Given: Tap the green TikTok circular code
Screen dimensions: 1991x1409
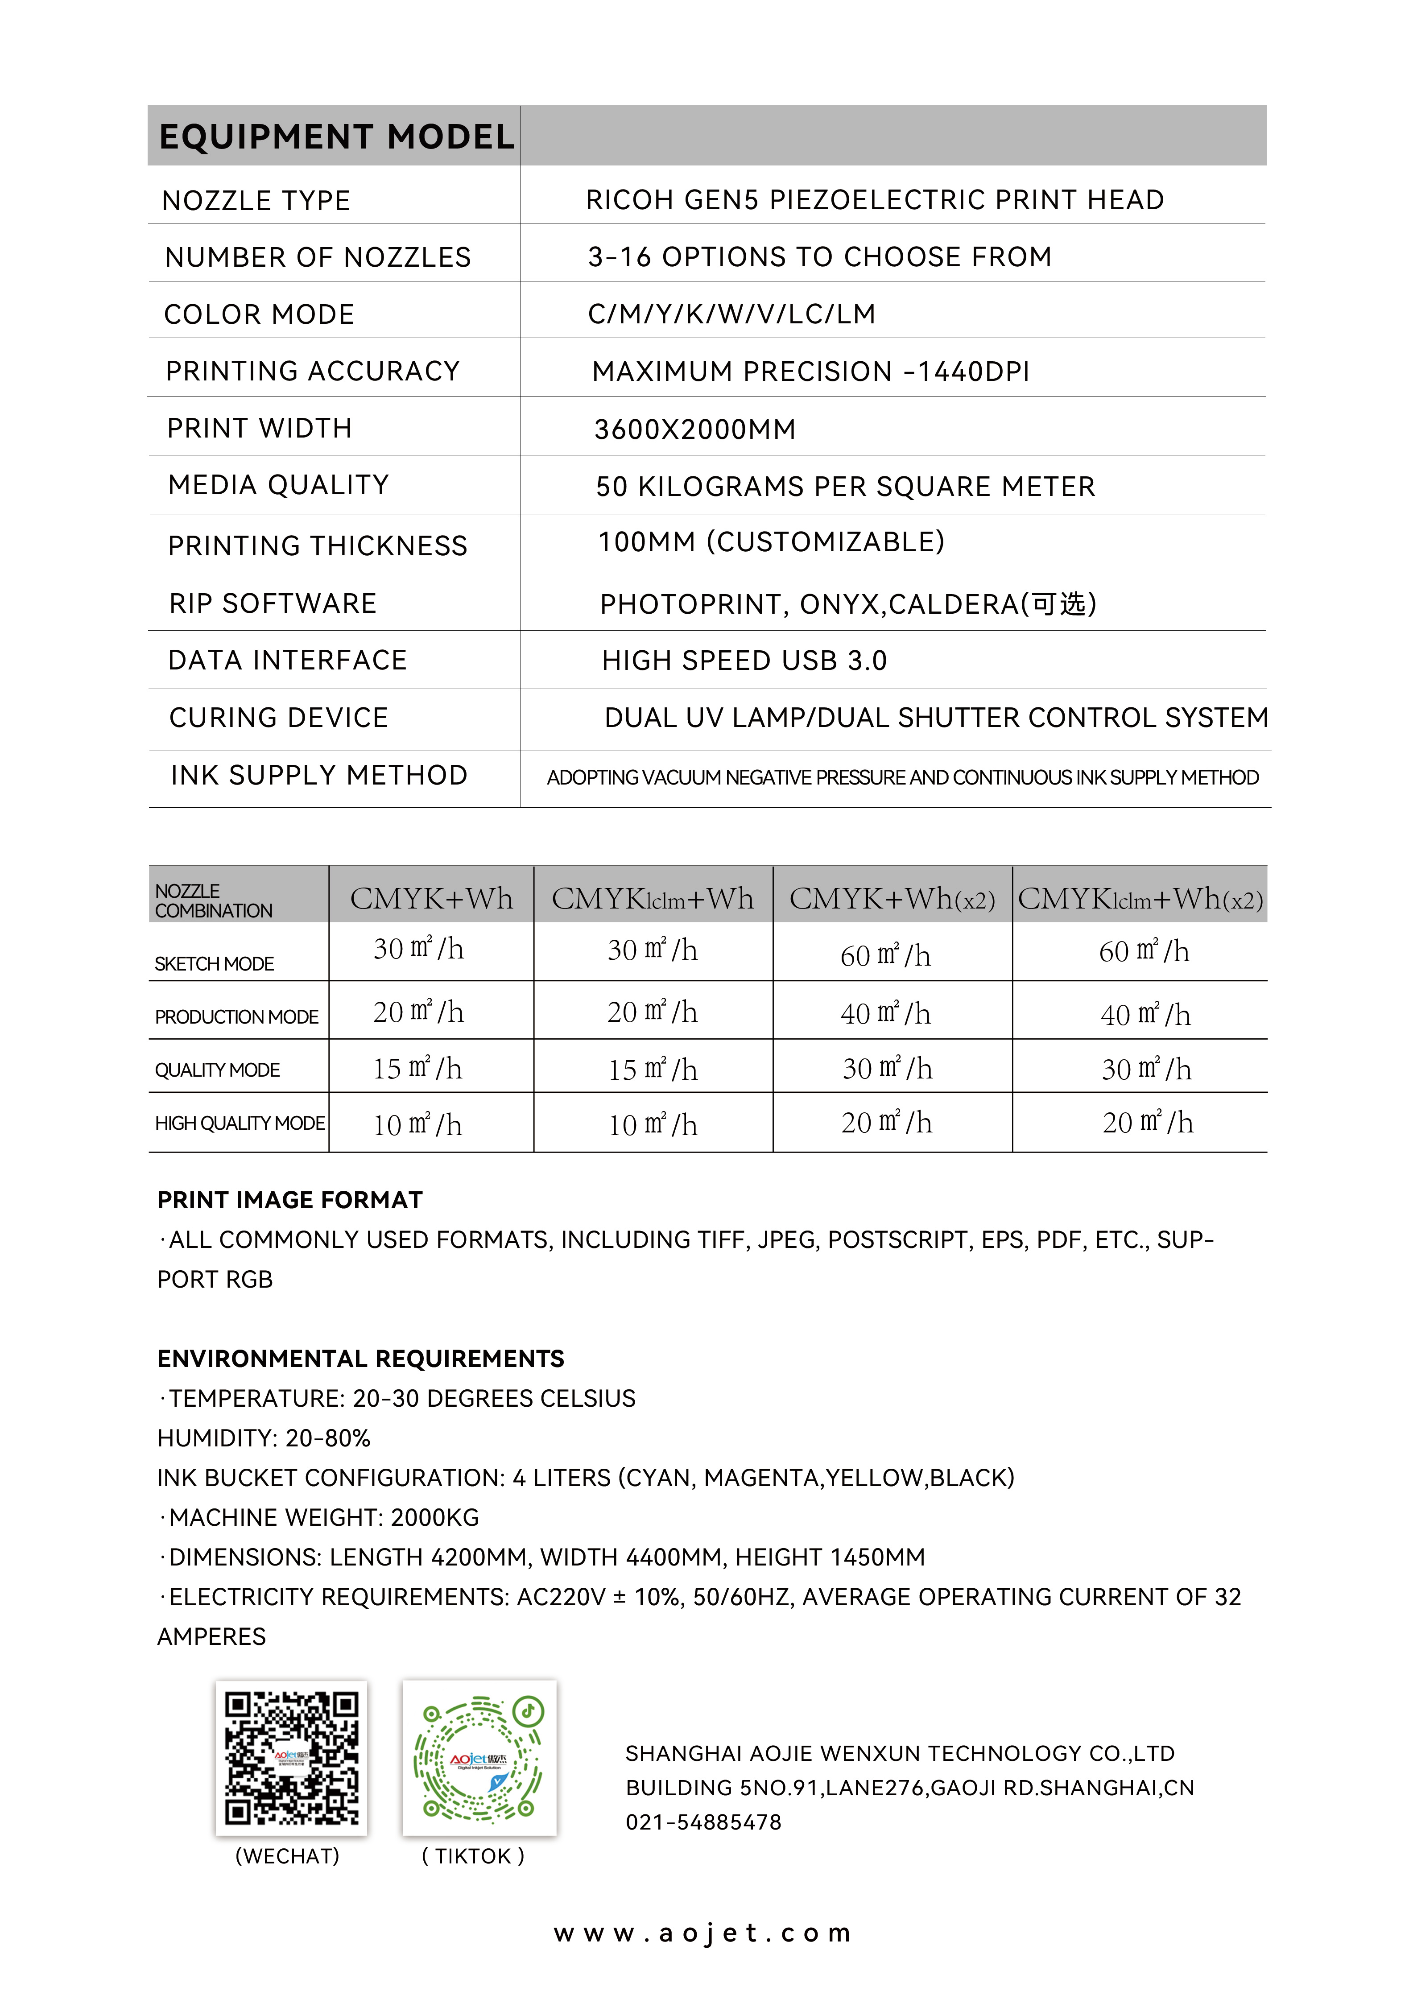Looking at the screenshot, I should [479, 1759].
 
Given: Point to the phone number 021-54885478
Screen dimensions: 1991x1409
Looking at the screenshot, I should [704, 1822].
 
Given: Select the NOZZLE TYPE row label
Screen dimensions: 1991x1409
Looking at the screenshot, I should [256, 200].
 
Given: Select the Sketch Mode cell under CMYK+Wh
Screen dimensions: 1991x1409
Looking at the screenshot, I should [419, 949].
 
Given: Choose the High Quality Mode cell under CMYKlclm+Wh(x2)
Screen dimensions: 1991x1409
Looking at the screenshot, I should [1148, 1123].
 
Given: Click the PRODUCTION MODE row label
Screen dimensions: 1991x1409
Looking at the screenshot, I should [237, 1017].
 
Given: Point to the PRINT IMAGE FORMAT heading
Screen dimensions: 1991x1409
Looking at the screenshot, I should [290, 1200].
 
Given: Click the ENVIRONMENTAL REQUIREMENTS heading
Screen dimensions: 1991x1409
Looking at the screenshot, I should [361, 1359].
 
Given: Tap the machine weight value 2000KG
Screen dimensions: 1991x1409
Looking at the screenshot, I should [435, 1517].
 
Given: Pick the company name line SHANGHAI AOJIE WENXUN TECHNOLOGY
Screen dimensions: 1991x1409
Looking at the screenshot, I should [900, 1753].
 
